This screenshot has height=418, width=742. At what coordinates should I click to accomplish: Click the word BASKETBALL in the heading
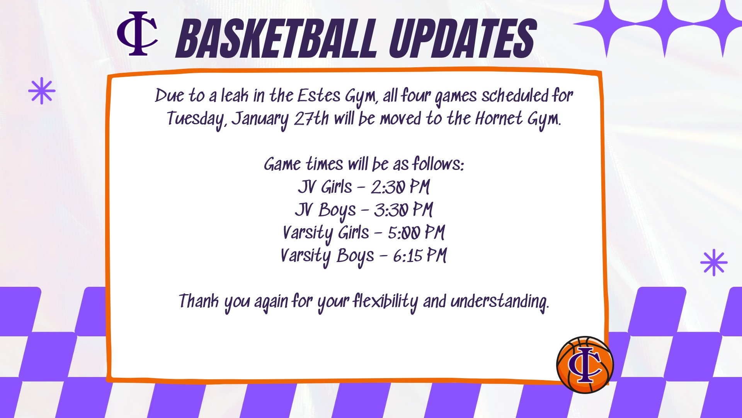(276, 39)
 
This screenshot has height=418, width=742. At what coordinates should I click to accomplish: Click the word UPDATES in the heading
(463, 39)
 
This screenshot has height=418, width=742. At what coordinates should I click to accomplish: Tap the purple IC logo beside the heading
(138, 34)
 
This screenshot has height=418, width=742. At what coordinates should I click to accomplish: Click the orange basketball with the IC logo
(585, 365)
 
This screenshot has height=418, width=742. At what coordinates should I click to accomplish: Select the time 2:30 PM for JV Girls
(400, 187)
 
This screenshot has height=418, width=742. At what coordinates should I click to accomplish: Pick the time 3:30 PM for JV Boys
(403, 210)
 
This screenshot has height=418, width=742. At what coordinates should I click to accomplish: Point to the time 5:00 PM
(416, 233)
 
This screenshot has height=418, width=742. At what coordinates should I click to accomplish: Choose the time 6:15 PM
(420, 255)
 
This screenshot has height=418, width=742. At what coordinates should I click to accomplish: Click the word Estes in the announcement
(319, 96)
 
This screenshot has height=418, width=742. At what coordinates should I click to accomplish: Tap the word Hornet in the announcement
(499, 118)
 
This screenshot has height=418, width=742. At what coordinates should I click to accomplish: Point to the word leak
(235, 96)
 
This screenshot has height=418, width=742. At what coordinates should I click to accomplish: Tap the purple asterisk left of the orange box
(42, 91)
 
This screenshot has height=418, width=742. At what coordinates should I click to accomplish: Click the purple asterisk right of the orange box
(714, 262)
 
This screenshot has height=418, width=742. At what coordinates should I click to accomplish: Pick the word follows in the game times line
(438, 164)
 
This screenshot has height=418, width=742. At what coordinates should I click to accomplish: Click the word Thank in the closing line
(199, 301)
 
